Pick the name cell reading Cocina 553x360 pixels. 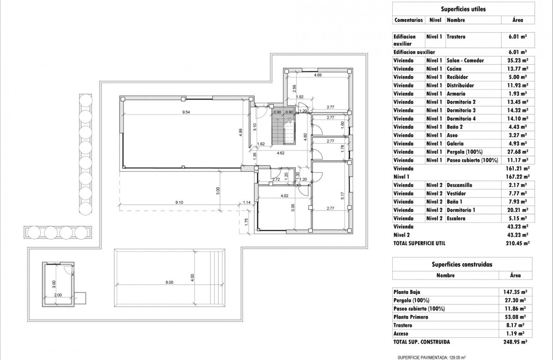[x=454, y=69]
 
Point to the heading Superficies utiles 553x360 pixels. [x=463, y=9]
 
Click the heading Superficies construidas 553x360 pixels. [x=462, y=264]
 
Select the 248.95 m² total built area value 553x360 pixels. [x=515, y=342]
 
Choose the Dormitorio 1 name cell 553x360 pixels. [x=461, y=210]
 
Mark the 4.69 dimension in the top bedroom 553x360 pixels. [x=318, y=75]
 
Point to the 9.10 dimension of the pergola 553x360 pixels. [x=180, y=202]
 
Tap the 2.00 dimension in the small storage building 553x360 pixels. [x=58, y=294]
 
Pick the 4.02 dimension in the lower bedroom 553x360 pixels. [x=284, y=196]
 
